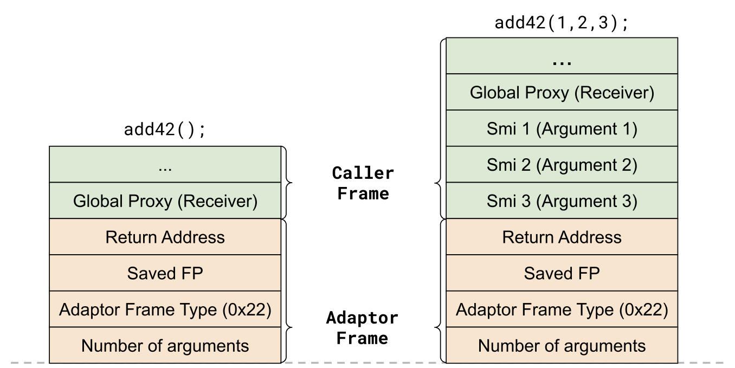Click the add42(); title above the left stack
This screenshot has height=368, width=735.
point(165,131)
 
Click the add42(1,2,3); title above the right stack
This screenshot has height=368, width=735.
point(562,23)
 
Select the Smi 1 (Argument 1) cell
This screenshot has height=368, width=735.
point(562,128)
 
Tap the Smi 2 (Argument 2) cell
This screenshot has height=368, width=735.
point(562,164)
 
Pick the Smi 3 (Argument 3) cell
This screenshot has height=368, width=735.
point(562,201)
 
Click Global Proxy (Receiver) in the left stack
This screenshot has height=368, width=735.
point(165,201)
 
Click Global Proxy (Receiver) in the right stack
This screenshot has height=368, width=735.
point(562,92)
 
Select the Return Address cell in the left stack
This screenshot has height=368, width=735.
point(165,237)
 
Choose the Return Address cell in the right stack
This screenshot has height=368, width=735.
point(562,237)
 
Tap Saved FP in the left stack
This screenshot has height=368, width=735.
point(165,273)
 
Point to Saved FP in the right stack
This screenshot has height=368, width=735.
point(562,273)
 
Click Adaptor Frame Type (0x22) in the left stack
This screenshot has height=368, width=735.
point(165,309)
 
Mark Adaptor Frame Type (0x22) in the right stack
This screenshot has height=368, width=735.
point(562,309)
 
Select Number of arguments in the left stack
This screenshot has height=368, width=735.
point(165,345)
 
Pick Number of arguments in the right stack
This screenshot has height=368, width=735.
point(562,345)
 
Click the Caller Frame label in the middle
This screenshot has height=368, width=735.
point(363,183)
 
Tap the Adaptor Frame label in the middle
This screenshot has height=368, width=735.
point(362,328)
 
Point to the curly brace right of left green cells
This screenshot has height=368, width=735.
point(287,183)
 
